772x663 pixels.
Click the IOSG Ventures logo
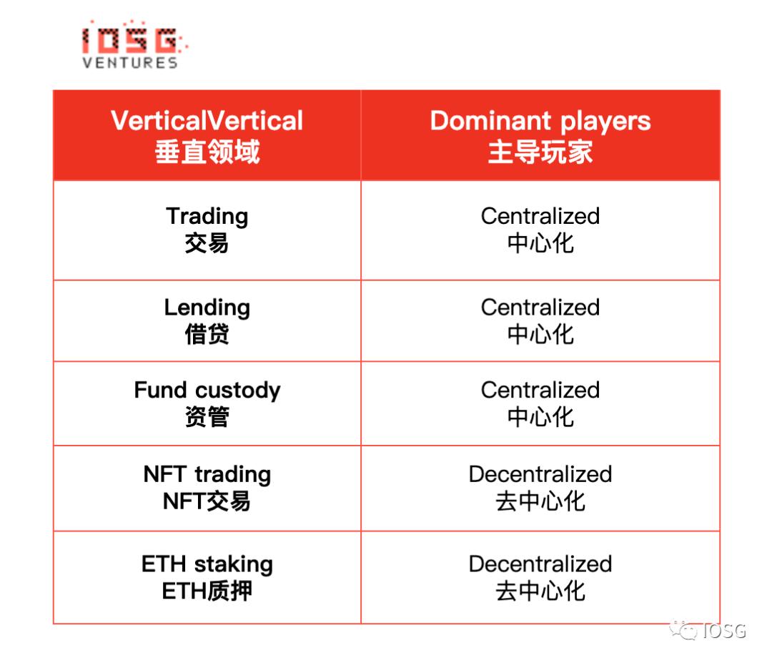coord(134,44)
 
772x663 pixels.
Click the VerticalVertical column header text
coord(207,121)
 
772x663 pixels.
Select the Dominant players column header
coord(540,121)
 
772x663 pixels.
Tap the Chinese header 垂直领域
coord(207,151)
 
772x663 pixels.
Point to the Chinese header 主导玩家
coord(540,151)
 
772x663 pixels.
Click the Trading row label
coord(207,216)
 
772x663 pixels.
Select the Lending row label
coord(207,308)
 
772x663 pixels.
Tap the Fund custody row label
coord(207,390)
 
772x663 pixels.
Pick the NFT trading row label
coord(207,474)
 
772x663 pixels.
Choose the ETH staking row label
coord(207,564)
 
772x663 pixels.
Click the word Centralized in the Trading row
coord(540,216)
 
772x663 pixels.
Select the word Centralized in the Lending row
coord(540,308)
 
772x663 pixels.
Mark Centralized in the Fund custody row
coord(540,390)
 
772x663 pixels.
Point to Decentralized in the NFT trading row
coord(540,474)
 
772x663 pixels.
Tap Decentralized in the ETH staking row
coord(540,564)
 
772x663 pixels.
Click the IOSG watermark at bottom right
coord(708,631)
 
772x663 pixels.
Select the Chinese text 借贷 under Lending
coord(207,335)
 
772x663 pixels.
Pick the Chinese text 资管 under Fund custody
coord(207,417)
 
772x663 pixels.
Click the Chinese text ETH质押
coord(207,591)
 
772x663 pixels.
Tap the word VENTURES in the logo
coord(130,62)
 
